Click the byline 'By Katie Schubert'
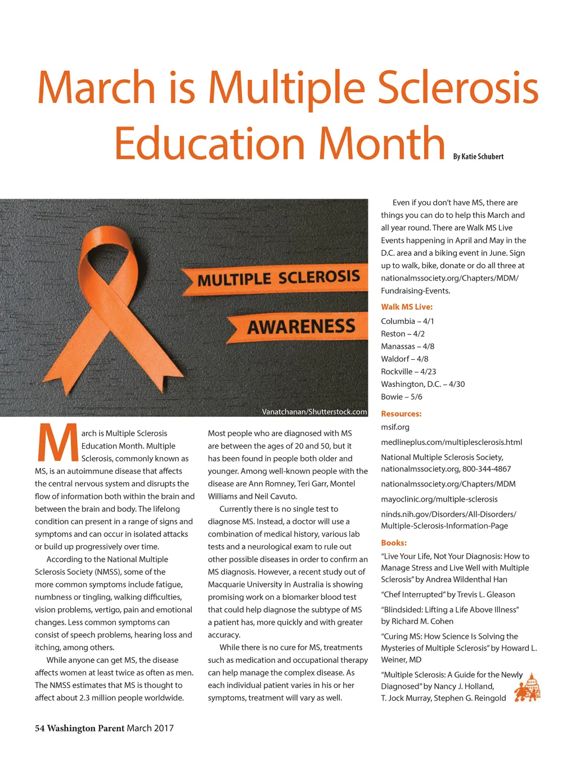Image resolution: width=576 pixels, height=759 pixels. coord(478,157)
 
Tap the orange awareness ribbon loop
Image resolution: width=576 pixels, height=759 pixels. coord(107,247)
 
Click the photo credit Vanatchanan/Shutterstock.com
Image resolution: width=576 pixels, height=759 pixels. coord(314,412)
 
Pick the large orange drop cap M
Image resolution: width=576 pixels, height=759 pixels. coord(57,442)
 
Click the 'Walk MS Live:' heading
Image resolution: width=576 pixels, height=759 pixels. coord(407,307)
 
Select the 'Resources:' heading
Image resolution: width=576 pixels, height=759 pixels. coord(401,414)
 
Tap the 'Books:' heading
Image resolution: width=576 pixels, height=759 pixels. coord(394,543)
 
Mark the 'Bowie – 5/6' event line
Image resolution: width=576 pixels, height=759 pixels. coord(402,397)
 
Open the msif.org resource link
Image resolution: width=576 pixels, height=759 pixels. coord(395,427)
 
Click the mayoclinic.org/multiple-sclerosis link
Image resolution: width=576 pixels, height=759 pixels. coord(439,499)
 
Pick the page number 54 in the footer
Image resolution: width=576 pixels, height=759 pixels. coord(39,729)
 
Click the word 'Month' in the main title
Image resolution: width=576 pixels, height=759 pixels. coord(382,144)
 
